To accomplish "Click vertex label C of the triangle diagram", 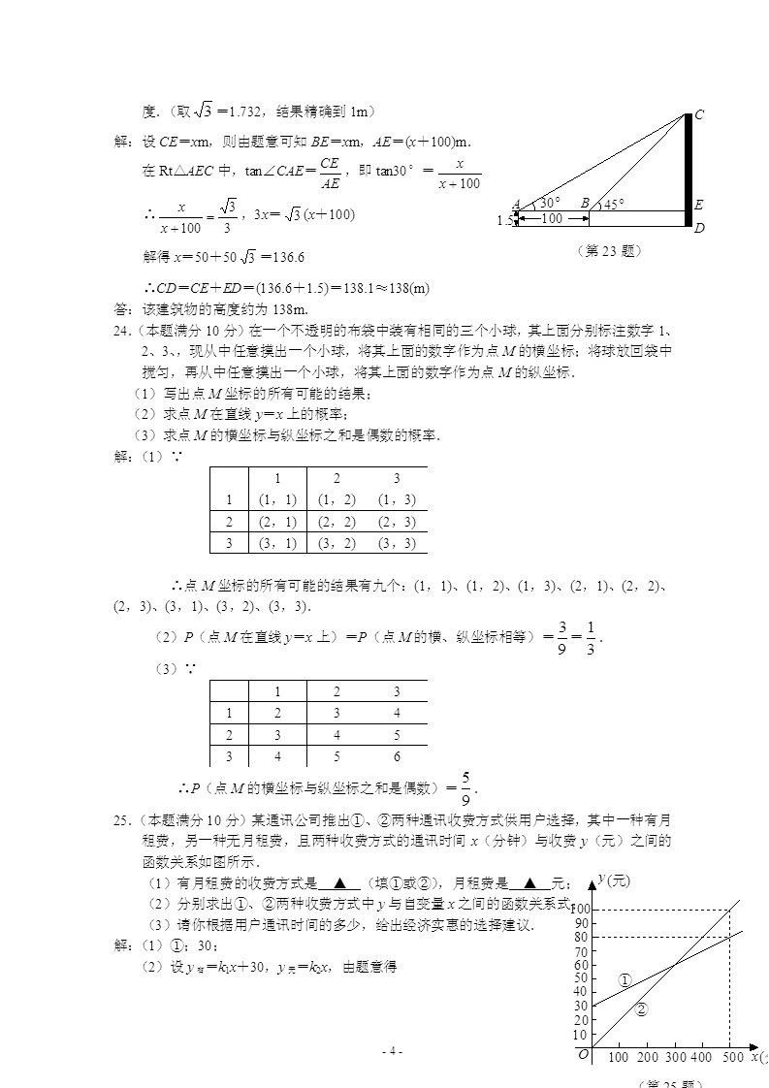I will click(699, 114).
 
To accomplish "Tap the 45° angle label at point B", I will click(614, 204).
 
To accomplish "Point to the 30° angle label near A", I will click(550, 203).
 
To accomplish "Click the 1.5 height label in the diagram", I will click(504, 220).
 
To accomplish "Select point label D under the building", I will click(699, 229).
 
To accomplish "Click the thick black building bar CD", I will click(688, 170).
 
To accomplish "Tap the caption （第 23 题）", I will click(608, 250).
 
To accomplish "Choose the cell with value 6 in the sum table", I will click(396, 756).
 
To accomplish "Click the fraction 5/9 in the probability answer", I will click(466, 786).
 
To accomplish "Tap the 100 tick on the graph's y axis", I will click(580, 909).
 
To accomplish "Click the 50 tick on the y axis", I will click(581, 978).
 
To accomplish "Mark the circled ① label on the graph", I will click(625, 980).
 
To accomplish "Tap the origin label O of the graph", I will click(584, 1055).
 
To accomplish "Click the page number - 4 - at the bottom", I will click(392, 1051).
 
